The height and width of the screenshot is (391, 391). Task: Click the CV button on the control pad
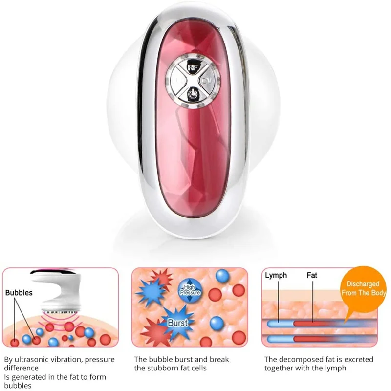[x=207, y=79]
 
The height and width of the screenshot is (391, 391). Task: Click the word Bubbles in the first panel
[x=19, y=293]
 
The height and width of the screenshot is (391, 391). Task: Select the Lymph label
[x=276, y=275]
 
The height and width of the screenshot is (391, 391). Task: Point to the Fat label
[x=312, y=275]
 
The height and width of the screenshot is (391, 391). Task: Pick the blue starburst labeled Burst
[x=177, y=322]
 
